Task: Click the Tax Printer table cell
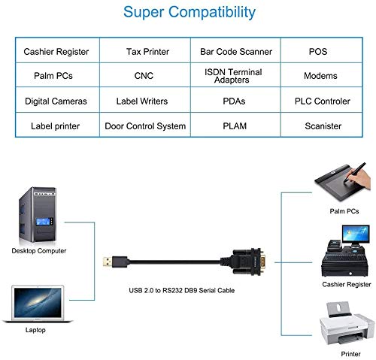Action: (145, 50)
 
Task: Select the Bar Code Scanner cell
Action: (235, 50)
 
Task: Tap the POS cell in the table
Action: (322, 50)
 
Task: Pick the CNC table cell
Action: (145, 75)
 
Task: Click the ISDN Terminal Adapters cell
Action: (235, 75)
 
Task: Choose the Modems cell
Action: (322, 75)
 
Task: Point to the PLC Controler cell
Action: (322, 100)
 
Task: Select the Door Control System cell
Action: (145, 125)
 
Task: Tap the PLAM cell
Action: (235, 125)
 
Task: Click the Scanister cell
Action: (322, 125)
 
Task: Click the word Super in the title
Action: (144, 13)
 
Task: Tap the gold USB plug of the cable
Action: (107, 262)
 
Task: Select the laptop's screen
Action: (38, 302)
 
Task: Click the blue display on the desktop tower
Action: (43, 222)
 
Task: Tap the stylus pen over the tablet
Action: (354, 173)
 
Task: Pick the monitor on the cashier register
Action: (356, 234)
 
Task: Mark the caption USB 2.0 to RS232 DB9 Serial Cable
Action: (182, 290)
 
